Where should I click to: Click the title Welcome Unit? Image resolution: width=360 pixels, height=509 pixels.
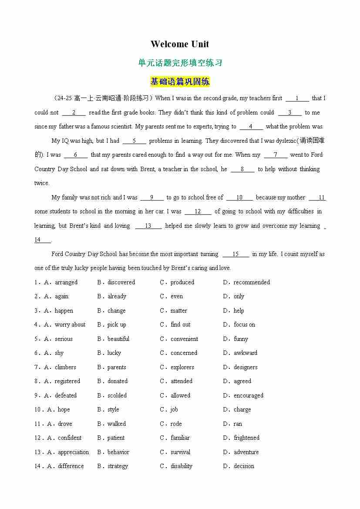coord(180,44)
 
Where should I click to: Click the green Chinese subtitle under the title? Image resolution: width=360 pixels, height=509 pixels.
coord(180,63)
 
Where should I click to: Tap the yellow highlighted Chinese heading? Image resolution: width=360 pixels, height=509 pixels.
coord(180,81)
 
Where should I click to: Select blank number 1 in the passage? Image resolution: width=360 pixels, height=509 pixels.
coord(297,98)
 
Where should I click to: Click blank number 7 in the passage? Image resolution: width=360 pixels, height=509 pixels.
coord(275,155)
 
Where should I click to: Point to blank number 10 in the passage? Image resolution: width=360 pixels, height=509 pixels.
coord(239,197)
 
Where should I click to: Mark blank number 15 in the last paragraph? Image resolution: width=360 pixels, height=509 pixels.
coord(236,254)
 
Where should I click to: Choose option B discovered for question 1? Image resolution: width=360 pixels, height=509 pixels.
coord(121,282)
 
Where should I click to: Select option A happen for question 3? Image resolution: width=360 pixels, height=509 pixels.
coord(64,310)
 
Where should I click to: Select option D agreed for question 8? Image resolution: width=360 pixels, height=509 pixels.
coord(242,381)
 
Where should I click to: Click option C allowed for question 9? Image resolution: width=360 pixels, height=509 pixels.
coord(180,395)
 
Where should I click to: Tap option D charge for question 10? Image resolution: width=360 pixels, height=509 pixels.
coord(242,409)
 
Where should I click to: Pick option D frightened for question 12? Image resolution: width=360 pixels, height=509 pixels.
coord(246,438)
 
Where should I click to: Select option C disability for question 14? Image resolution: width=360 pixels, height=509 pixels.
coord(181,466)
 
